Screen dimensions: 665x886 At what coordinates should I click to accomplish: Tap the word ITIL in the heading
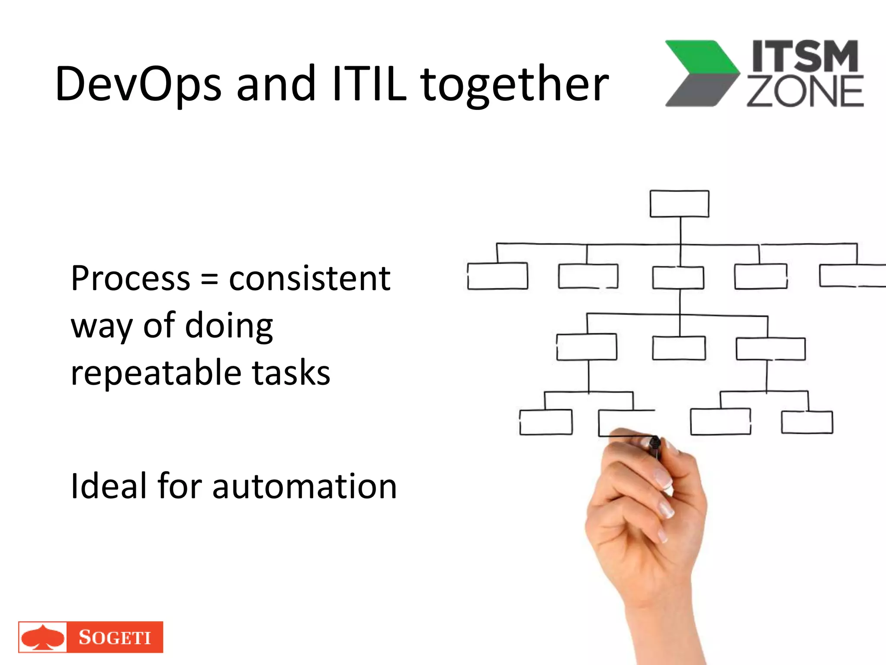[369, 84]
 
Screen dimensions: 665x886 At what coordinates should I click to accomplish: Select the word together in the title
[514, 84]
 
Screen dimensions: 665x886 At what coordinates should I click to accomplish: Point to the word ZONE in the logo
[805, 92]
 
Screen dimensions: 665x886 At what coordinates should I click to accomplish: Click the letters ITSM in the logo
[805, 56]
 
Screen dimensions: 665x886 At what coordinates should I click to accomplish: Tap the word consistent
[309, 278]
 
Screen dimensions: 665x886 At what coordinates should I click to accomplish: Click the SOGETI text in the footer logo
[115, 637]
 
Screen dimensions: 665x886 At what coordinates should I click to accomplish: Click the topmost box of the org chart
[679, 203]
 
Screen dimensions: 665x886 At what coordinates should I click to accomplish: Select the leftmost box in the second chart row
[498, 276]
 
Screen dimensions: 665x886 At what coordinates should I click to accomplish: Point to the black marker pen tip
[655, 442]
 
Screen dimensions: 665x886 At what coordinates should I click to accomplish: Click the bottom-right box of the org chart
[807, 422]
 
